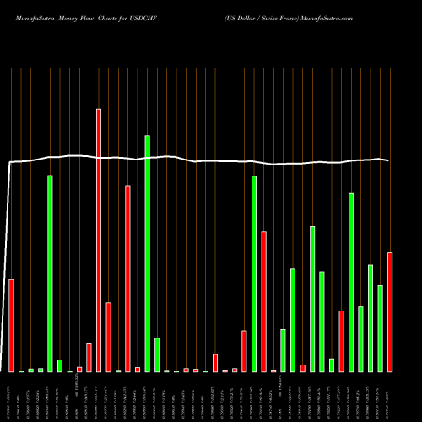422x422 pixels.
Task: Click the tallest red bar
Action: pyautogui.click(x=99, y=241)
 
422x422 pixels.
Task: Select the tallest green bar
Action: pyautogui.click(x=147, y=253)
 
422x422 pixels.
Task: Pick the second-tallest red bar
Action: pyautogui.click(x=127, y=279)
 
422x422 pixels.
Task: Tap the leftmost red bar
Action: pyautogui.click(x=11, y=325)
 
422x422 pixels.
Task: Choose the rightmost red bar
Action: pyautogui.click(x=390, y=312)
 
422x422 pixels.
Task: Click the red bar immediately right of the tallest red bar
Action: pyautogui.click(x=108, y=337)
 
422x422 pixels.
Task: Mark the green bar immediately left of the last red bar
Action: pyautogui.click(x=380, y=328)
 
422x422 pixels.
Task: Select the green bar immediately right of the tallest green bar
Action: pyautogui.click(x=157, y=354)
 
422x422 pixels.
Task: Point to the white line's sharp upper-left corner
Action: pyautogui.click(x=10, y=162)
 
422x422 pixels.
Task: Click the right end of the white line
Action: pyautogui.click(x=389, y=160)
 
